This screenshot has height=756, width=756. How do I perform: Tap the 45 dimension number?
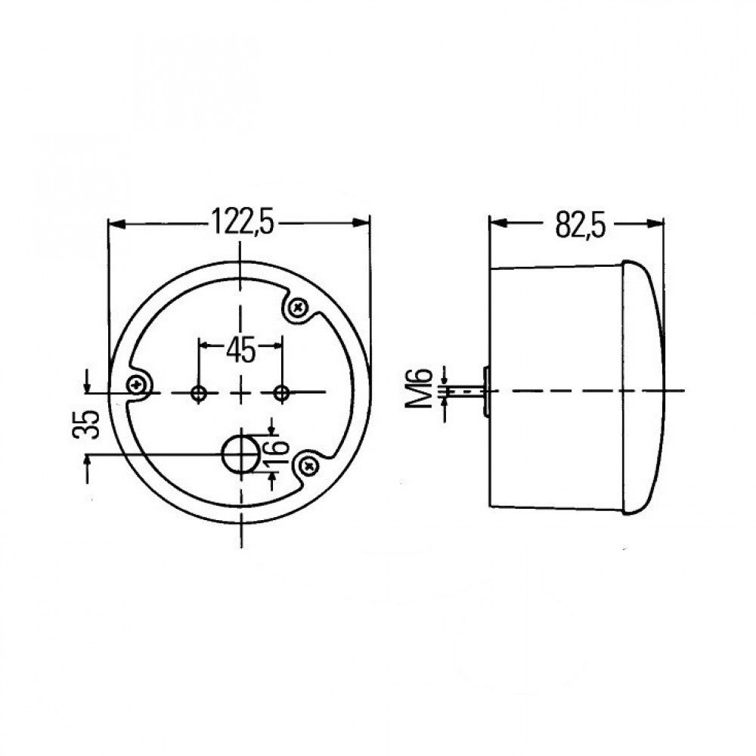point(240,349)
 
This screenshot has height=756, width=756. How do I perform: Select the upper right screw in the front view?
point(297,307)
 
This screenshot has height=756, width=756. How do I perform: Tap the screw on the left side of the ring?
point(138,385)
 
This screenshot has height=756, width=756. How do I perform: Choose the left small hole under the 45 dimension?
point(200,392)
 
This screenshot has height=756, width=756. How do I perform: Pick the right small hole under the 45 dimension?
point(282,392)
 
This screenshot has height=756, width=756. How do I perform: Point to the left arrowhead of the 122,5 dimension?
point(116,224)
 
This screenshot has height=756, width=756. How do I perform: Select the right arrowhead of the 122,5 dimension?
point(362,224)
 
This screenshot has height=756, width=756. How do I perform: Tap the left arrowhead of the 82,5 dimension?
point(499,224)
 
